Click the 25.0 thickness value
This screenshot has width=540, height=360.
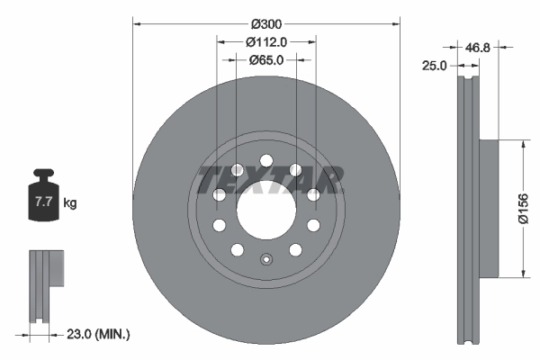436,65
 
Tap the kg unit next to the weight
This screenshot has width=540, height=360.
70,203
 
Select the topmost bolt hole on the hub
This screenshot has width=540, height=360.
265,162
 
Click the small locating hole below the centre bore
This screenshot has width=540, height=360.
265,262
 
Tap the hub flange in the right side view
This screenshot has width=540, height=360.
486,208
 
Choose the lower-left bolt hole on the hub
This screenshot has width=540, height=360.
237,249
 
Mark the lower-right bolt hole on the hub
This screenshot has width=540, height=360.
295,249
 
